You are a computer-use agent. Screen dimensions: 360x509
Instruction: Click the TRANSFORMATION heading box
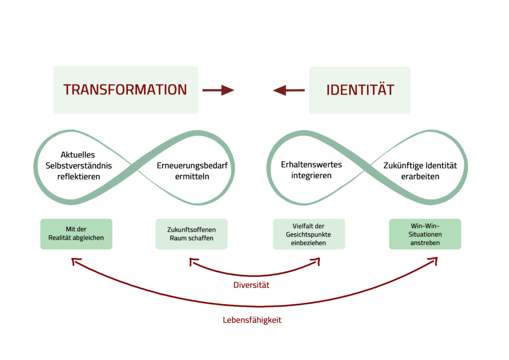point(125,90)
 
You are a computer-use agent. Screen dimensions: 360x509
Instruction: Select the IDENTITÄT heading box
point(360,90)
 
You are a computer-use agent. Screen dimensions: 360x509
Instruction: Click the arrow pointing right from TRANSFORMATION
point(218,90)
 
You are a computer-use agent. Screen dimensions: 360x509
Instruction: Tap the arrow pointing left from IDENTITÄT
point(289,90)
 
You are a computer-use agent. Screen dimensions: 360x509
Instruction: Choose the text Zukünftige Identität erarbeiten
point(420,171)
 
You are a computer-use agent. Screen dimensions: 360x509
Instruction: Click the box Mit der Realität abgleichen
point(76,234)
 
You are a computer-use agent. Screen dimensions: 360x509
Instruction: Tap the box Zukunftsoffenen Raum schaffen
point(191,234)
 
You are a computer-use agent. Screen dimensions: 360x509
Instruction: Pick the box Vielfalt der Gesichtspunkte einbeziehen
point(309,234)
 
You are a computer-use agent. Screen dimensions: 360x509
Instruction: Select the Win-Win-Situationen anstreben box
point(425,234)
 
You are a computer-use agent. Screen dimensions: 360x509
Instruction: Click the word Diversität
point(252,285)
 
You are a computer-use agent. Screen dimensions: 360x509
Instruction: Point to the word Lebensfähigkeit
point(252,320)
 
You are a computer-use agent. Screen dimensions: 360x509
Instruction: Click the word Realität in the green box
point(62,238)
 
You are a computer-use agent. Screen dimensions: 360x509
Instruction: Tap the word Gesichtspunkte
point(309,234)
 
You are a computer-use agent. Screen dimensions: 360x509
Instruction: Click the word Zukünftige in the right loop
point(403,166)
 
